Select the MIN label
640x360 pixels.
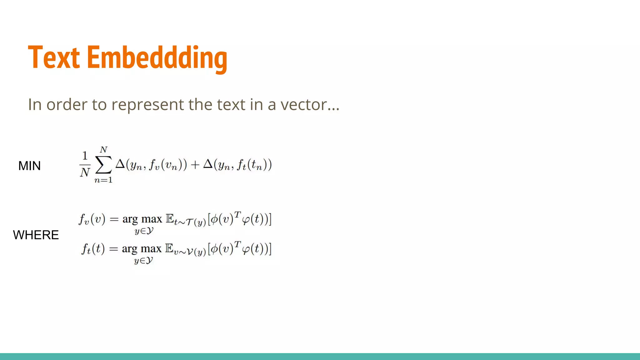(x=29, y=166)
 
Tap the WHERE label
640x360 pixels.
(x=36, y=235)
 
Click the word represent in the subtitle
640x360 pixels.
(x=147, y=105)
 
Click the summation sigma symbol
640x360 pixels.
(x=103, y=165)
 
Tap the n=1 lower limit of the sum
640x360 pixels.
(x=103, y=180)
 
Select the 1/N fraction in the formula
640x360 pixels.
(x=85, y=164)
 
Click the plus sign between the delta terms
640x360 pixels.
(x=195, y=165)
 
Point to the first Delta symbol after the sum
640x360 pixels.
(x=120, y=164)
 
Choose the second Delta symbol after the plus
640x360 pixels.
(x=208, y=164)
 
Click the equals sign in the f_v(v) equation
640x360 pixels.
(x=114, y=219)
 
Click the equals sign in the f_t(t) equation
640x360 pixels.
(x=113, y=249)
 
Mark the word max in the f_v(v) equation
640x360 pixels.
(x=152, y=219)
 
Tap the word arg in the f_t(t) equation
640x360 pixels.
(x=130, y=249)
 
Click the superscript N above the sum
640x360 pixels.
(x=103, y=150)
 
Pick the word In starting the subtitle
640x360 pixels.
(x=35, y=104)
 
